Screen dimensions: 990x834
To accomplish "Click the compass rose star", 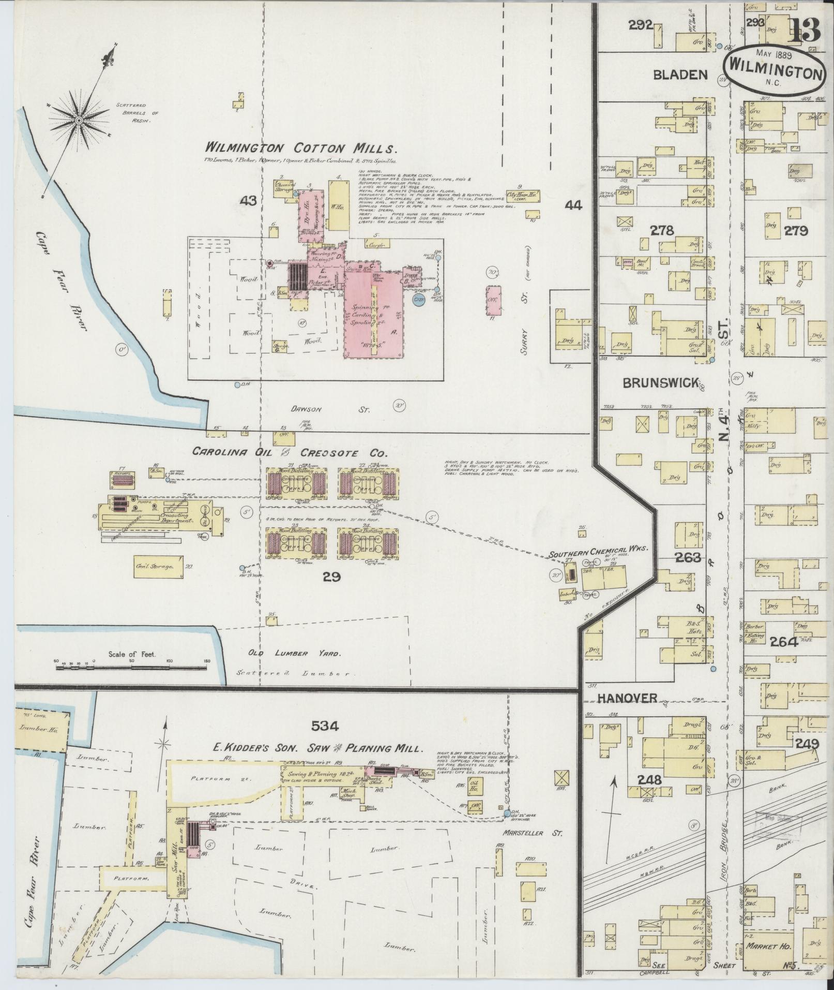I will (79, 120).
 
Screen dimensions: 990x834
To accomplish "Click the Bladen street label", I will (680, 75).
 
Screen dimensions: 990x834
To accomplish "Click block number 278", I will (662, 230).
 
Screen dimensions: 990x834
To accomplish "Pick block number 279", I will (796, 231).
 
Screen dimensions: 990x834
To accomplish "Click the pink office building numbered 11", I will (494, 300).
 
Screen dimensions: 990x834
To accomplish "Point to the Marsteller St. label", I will (533, 833).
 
